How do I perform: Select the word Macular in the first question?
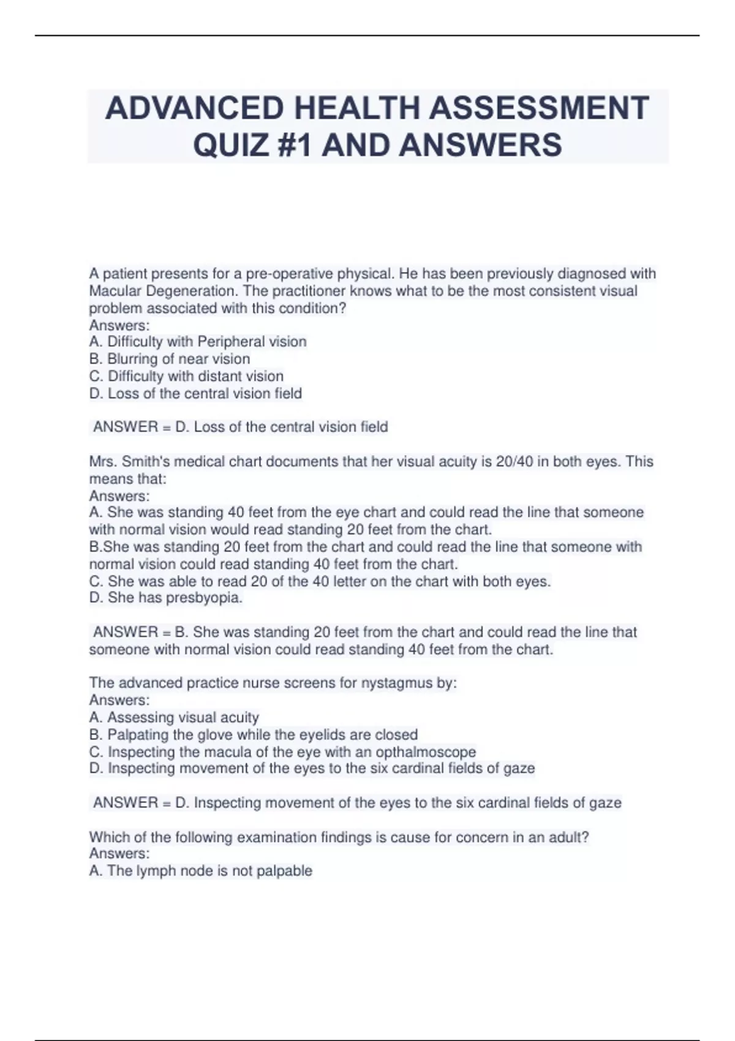point(115,291)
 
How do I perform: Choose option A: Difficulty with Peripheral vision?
point(198,342)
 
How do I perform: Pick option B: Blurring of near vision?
point(170,359)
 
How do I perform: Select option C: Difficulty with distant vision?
point(186,376)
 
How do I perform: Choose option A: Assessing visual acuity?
point(174,717)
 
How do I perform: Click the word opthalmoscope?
point(425,751)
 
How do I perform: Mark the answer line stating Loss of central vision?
point(240,427)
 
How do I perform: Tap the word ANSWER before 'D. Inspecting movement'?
point(126,803)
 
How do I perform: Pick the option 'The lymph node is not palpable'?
point(201,871)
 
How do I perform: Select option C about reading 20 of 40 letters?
point(320,581)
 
